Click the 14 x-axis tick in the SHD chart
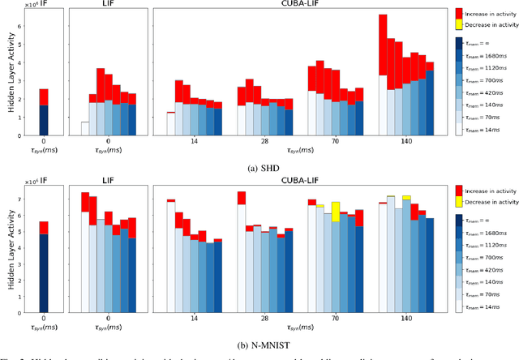pyautogui.click(x=194, y=140)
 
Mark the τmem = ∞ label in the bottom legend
pyautogui.click(x=491, y=222)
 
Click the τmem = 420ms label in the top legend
pyautogui.click(x=489, y=92)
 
